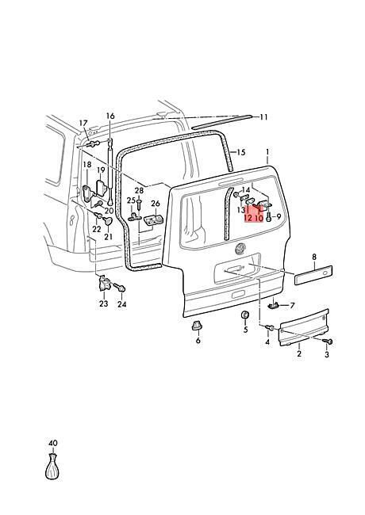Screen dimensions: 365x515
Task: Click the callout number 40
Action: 53,443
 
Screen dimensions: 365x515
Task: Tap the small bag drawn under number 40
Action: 52,467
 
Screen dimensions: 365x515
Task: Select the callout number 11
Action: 263,117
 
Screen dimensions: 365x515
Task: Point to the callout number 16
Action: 110,116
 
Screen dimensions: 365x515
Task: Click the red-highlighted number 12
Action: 248,218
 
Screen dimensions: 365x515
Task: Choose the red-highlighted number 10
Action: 259,218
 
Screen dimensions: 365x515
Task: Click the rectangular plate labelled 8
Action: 313,275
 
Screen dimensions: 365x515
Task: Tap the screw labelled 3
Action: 328,341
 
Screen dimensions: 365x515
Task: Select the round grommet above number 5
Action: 245,315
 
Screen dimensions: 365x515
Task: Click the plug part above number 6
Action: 197,325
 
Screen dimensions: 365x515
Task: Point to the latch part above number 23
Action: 105,284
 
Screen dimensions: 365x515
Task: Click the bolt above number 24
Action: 120,288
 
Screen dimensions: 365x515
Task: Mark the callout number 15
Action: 241,152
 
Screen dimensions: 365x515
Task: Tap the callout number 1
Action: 267,152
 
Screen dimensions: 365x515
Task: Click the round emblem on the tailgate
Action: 240,249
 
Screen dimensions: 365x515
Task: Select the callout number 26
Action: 156,204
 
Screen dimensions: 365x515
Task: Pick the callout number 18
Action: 86,165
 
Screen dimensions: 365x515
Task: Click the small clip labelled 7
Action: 273,306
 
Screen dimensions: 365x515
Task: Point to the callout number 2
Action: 299,353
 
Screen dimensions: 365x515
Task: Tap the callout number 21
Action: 108,236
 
